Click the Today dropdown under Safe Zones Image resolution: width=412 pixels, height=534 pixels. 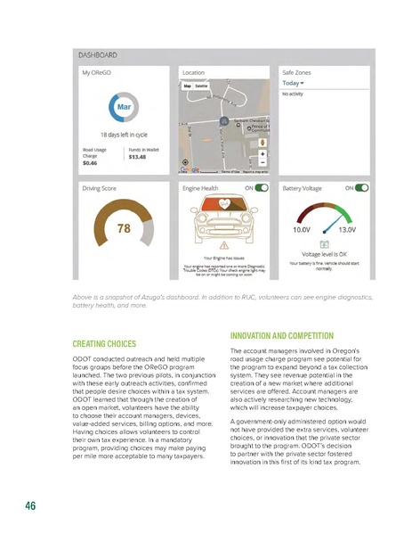coord(295,82)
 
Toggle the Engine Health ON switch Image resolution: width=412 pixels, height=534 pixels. coord(261,188)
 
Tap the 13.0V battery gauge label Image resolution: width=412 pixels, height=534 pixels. coord(347,229)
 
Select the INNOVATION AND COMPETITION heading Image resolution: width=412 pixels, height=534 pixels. coord(281,335)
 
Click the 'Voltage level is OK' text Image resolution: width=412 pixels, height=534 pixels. coord(324,254)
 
